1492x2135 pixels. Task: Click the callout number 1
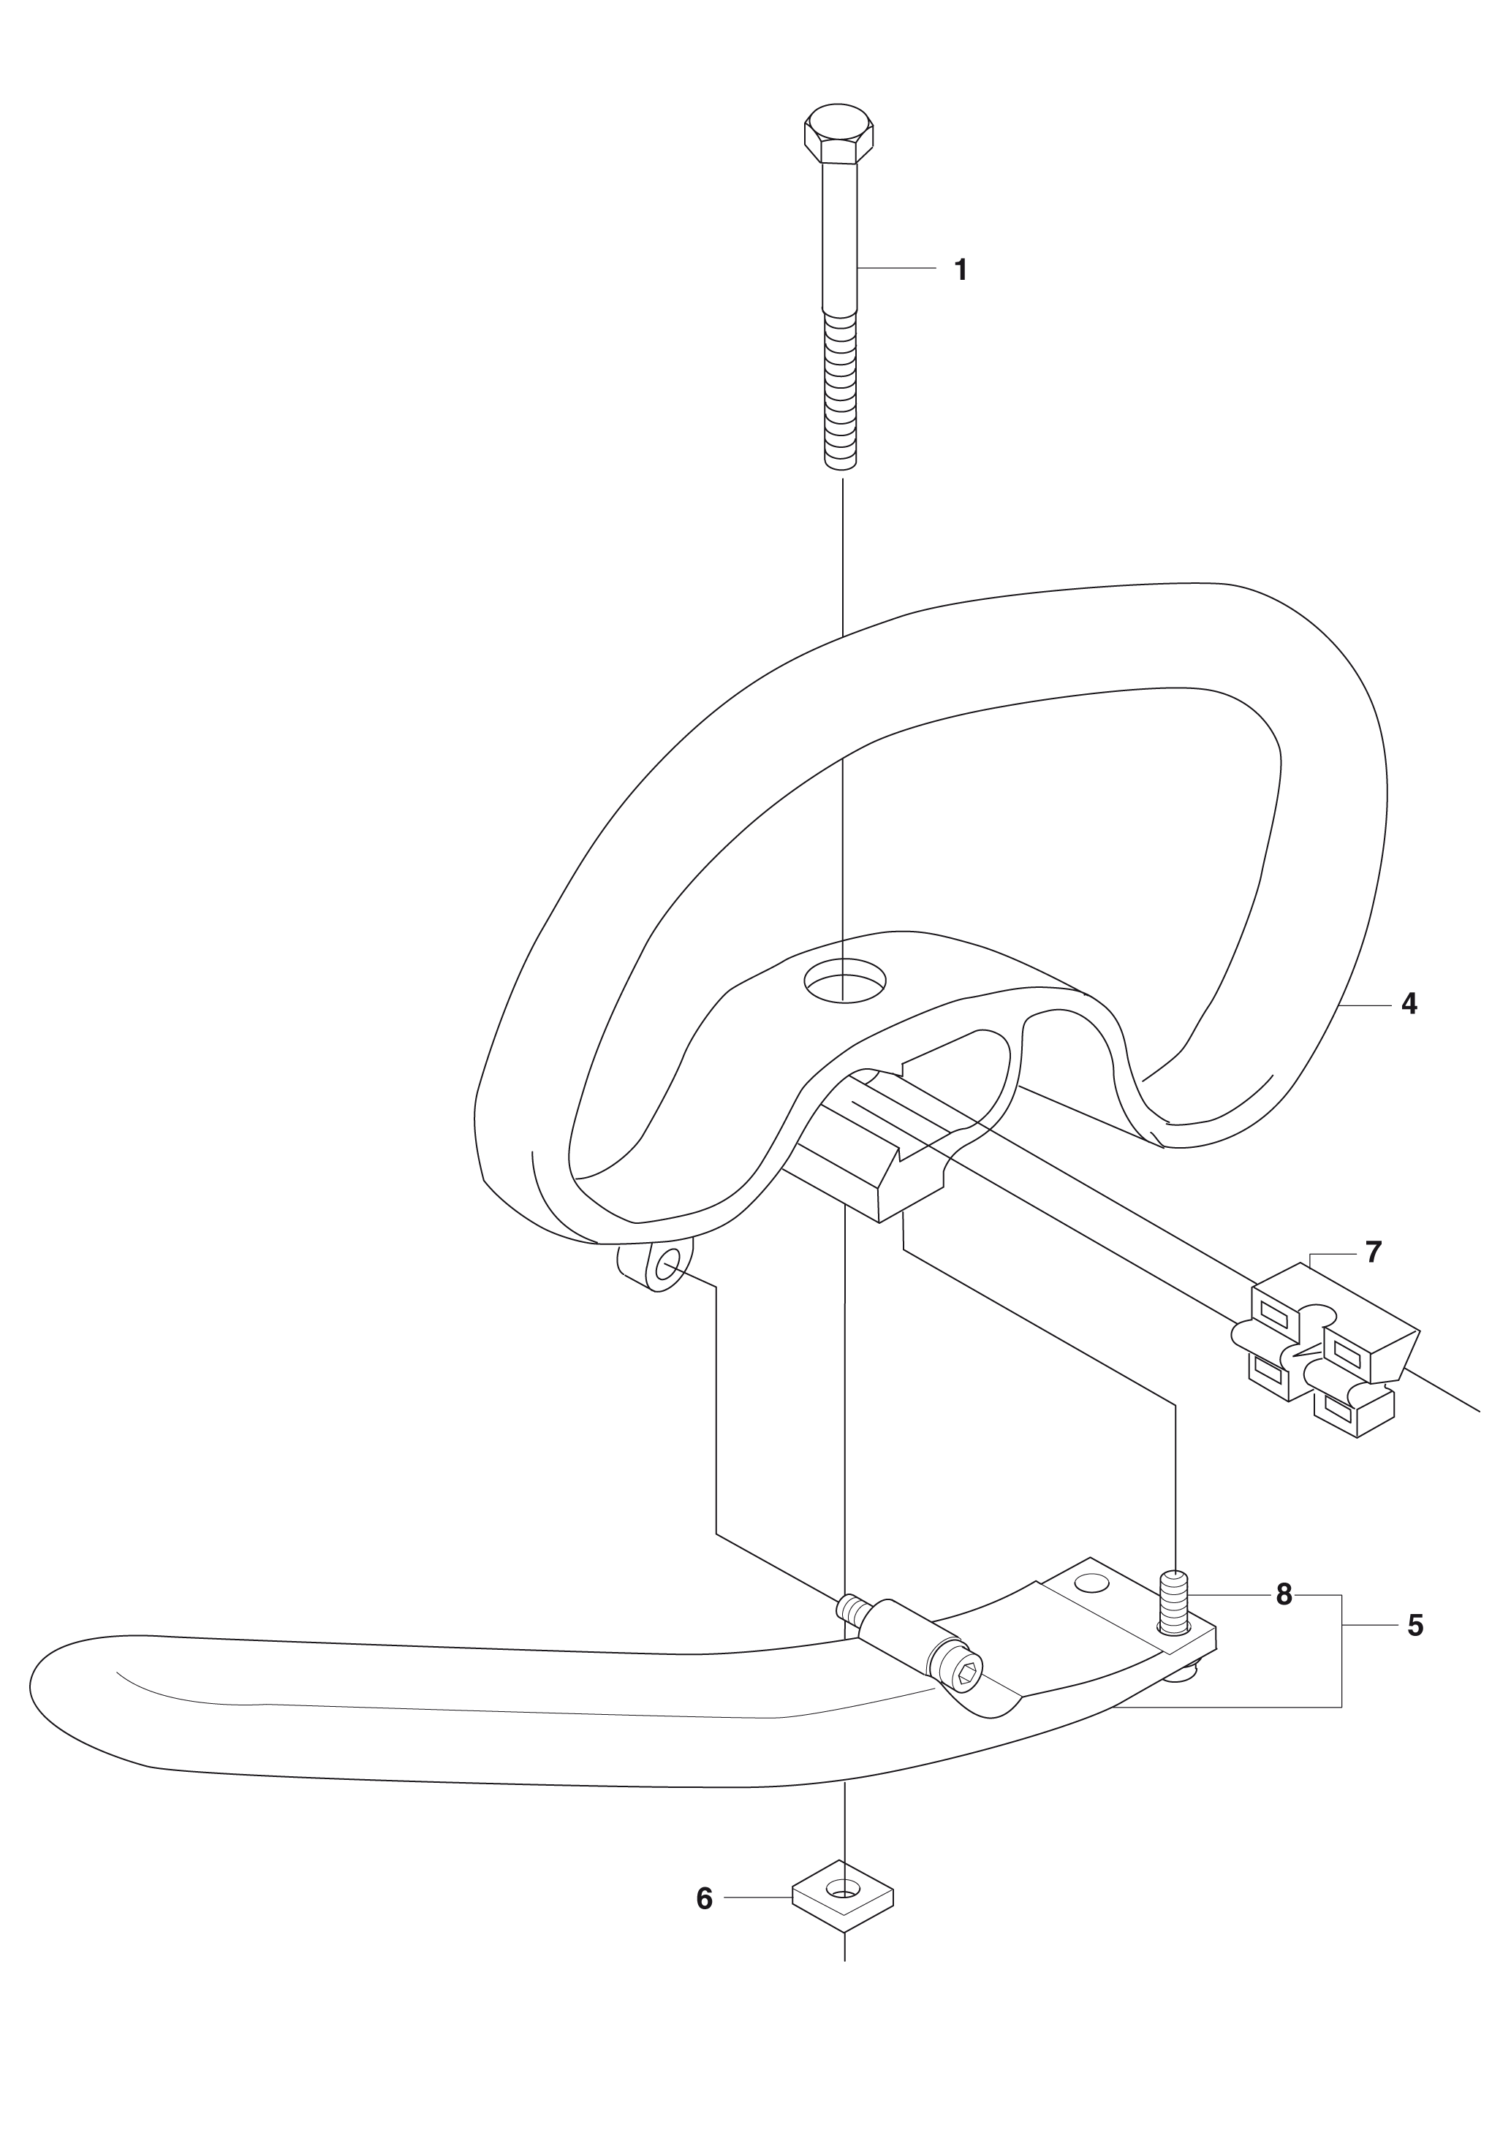tap(961, 270)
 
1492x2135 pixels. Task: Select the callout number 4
tap(1408, 1004)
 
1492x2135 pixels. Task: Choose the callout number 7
tap(1373, 1252)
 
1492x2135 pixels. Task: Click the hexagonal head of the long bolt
tap(839, 135)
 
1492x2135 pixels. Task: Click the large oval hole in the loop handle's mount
tap(844, 979)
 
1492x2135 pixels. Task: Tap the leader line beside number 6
tap(758, 1898)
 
